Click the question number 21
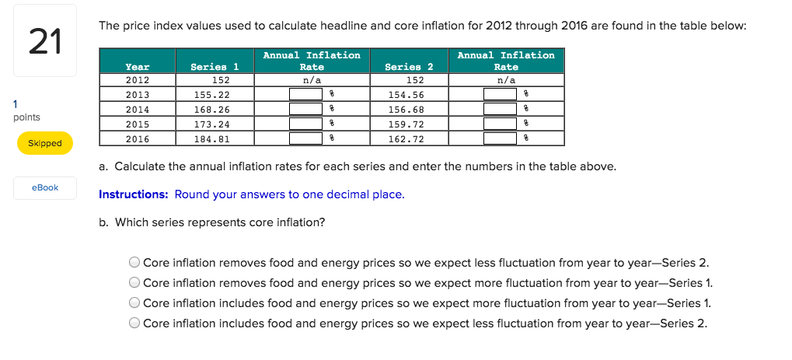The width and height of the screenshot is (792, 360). [44, 42]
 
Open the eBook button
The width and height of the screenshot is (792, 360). [45, 187]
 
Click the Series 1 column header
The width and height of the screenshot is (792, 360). [215, 67]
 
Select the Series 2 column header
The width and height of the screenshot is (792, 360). [409, 67]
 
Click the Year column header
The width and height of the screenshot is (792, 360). [138, 67]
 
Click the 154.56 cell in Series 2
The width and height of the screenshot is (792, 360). [409, 94]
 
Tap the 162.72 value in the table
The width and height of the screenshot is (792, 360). [409, 138]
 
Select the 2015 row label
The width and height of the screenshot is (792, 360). [138, 124]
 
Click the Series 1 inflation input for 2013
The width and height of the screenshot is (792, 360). [305, 94]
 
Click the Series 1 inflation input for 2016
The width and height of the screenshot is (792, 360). [305, 138]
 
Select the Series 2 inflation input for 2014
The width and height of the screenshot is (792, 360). [500, 109]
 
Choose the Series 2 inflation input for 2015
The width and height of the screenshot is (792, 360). [500, 124]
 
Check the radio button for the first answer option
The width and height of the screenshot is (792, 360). [135, 263]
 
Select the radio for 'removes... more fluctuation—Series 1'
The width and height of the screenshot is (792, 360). [135, 283]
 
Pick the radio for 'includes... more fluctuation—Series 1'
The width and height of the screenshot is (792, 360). [135, 303]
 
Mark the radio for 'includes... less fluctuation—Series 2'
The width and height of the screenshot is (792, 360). [135, 323]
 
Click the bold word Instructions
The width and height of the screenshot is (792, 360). [133, 194]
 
